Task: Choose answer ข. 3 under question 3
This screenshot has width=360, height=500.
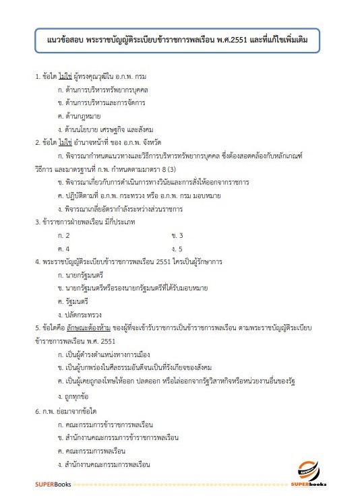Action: point(177,235)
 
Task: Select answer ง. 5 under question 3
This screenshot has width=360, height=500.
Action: point(177,248)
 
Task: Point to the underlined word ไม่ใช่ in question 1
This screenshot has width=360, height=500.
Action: point(65,76)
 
